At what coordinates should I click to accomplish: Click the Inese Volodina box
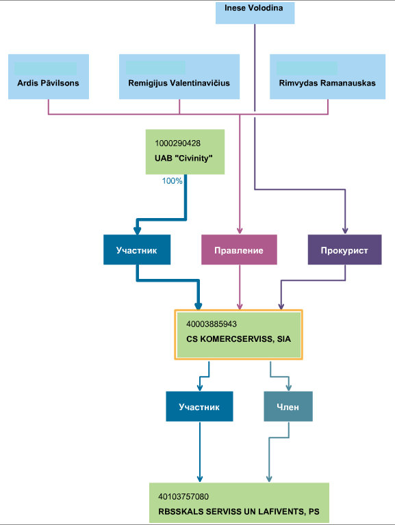pos(255,13)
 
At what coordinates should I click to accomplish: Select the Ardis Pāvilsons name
pos(49,83)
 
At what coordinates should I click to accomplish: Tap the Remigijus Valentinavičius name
pos(179,83)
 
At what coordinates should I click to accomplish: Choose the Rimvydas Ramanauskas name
pos(327,83)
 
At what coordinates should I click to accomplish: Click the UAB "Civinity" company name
pos(183,158)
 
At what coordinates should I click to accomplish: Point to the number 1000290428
pos(177,144)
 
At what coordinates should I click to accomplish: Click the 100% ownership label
pos(172,180)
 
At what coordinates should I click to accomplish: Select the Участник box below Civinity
pos(137,250)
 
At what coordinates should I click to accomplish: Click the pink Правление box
pos(239,250)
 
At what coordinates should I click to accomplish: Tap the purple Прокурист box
pos(345,250)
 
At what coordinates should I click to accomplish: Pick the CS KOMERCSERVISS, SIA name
pos(238,339)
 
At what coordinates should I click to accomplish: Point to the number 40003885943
pos(212,324)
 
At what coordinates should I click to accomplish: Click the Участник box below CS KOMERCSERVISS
pos(199,407)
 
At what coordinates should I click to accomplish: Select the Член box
pos(288,407)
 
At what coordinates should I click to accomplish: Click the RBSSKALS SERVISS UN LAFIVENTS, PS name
pos(239,511)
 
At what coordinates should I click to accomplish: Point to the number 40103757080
pos(183,496)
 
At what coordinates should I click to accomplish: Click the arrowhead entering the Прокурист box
pos(345,231)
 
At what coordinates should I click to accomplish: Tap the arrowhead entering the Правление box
pos(240,231)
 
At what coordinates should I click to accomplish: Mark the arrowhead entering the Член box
pos(288,388)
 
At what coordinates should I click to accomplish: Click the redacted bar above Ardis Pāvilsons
pos(46,68)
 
